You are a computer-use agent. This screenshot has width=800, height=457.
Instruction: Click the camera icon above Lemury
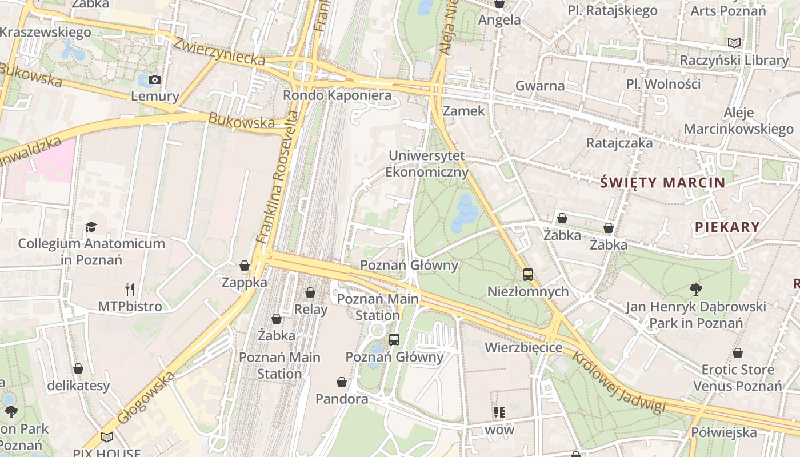click(154, 80)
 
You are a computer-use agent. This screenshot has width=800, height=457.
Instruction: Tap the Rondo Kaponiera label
click(337, 95)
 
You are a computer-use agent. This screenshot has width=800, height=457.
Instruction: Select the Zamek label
click(463, 111)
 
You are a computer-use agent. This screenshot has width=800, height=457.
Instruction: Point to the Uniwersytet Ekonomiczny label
click(427, 164)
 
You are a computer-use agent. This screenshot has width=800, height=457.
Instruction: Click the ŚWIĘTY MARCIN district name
click(663, 183)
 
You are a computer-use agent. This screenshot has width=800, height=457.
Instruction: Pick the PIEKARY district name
click(727, 227)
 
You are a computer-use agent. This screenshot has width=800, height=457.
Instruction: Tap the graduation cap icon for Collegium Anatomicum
click(91, 227)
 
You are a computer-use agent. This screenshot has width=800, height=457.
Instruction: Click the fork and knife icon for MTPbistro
click(130, 290)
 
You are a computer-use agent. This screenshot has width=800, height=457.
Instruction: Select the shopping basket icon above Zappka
click(245, 266)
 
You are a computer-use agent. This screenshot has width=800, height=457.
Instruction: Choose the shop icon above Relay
click(310, 293)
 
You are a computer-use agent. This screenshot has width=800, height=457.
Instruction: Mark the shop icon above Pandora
click(342, 382)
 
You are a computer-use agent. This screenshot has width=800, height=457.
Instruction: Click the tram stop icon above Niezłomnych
click(527, 275)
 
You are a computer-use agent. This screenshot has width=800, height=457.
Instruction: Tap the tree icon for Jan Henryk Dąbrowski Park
click(695, 290)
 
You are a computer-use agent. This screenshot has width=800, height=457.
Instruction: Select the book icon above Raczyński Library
click(734, 43)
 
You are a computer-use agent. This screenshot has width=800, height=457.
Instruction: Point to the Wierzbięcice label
click(523, 348)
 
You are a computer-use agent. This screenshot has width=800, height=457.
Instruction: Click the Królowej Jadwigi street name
click(619, 382)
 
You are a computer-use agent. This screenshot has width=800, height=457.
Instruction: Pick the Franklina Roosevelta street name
click(278, 177)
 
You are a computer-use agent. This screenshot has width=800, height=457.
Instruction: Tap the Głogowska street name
click(145, 398)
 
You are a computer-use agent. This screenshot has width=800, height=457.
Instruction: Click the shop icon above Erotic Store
click(738, 353)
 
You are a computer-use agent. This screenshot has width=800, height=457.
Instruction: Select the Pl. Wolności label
click(663, 85)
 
